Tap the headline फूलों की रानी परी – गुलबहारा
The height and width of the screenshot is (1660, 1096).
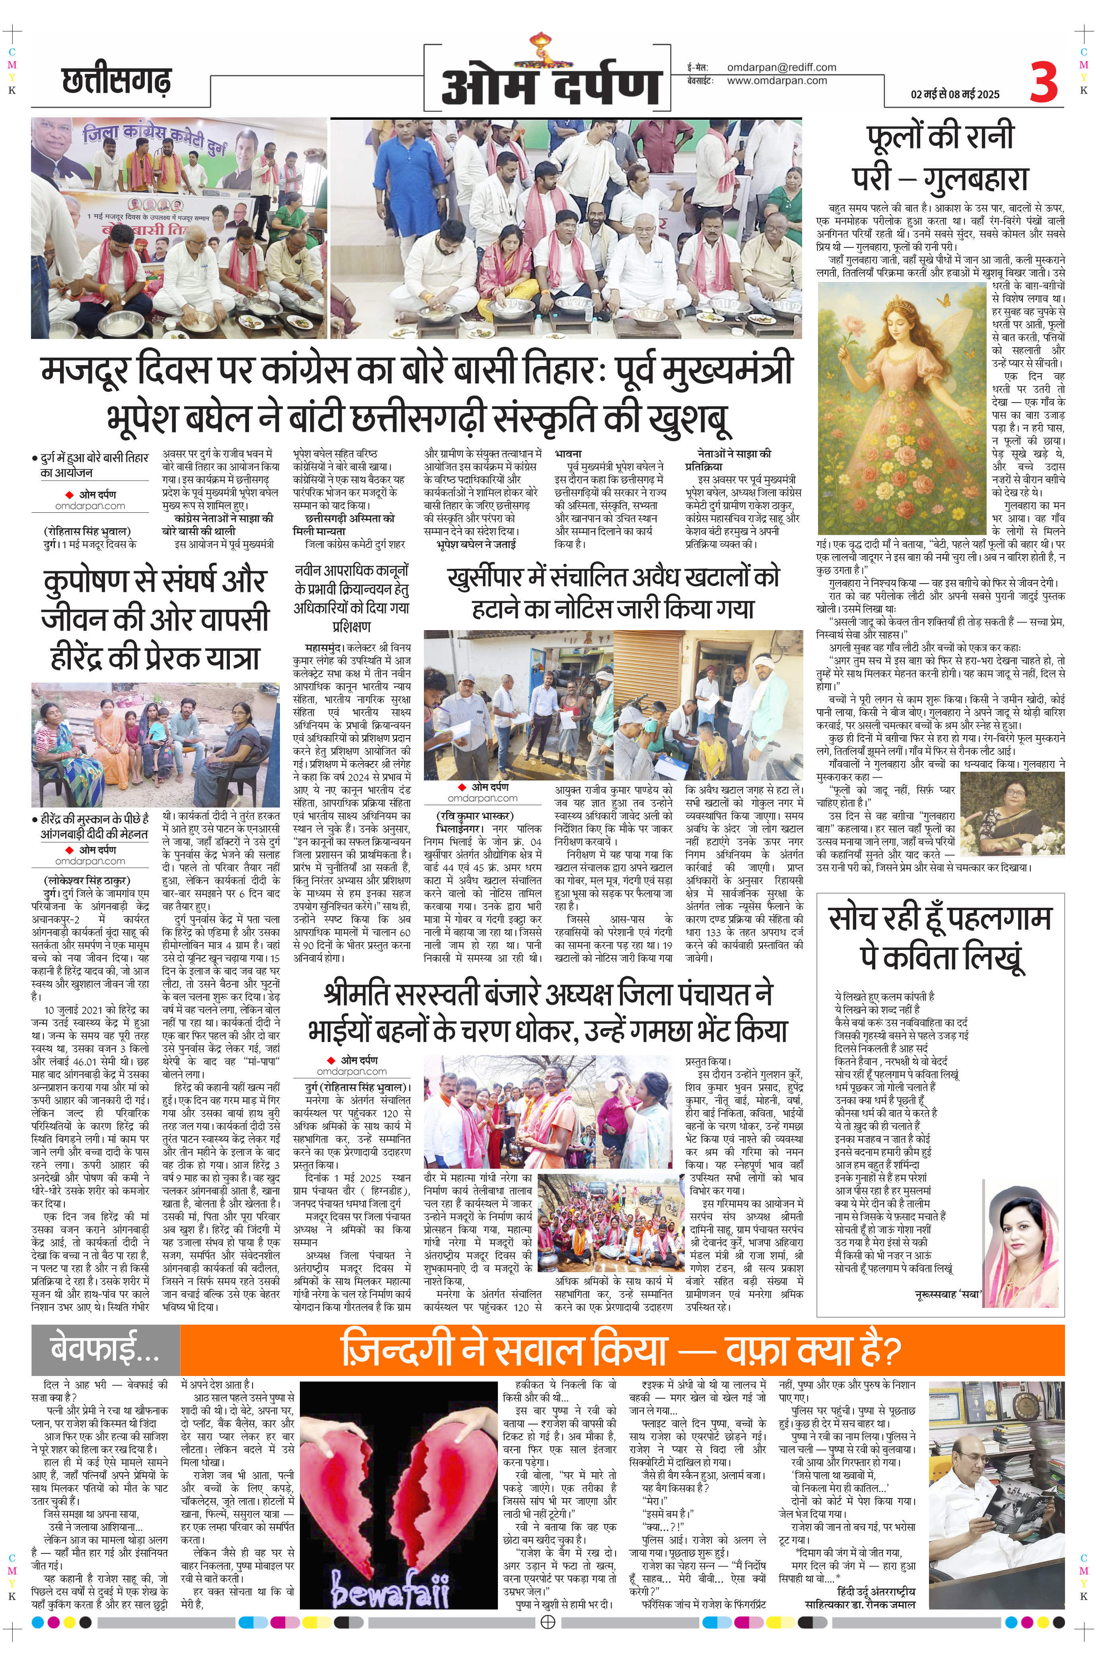940,158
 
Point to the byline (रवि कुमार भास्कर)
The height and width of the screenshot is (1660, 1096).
474,816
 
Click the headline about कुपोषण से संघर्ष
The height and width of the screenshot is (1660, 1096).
154,619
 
